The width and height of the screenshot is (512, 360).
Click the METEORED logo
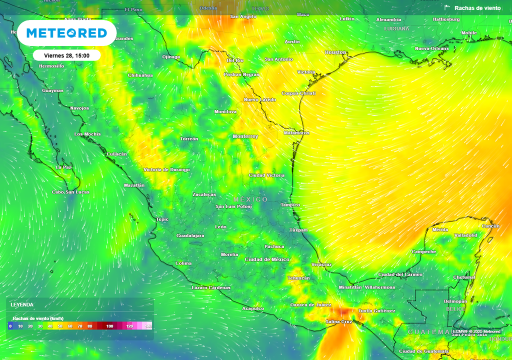point(66,33)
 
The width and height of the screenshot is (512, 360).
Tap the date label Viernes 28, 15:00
point(67,55)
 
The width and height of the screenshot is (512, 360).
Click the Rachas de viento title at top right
point(477,8)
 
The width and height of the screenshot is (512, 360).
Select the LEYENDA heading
point(22,304)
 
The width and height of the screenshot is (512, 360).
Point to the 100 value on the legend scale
point(109,326)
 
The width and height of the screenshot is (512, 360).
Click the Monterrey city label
point(245,136)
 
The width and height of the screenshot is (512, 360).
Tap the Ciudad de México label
point(267,259)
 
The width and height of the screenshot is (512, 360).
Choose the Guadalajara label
point(190,235)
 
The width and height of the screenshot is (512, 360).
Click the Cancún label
point(490,226)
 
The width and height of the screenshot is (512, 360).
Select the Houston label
point(335,52)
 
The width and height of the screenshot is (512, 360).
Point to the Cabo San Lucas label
point(70,192)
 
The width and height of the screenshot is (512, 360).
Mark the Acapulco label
point(252,308)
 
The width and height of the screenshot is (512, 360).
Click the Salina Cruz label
point(339,321)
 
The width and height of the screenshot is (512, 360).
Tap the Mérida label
point(440,230)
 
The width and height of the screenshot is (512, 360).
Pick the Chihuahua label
point(140,75)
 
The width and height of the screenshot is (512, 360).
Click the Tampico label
point(290,205)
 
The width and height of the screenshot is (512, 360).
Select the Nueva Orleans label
point(431,48)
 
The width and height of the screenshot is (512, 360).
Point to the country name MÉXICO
point(250,199)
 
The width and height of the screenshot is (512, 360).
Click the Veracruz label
point(321,264)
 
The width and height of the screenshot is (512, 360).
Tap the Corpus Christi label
point(298,93)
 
